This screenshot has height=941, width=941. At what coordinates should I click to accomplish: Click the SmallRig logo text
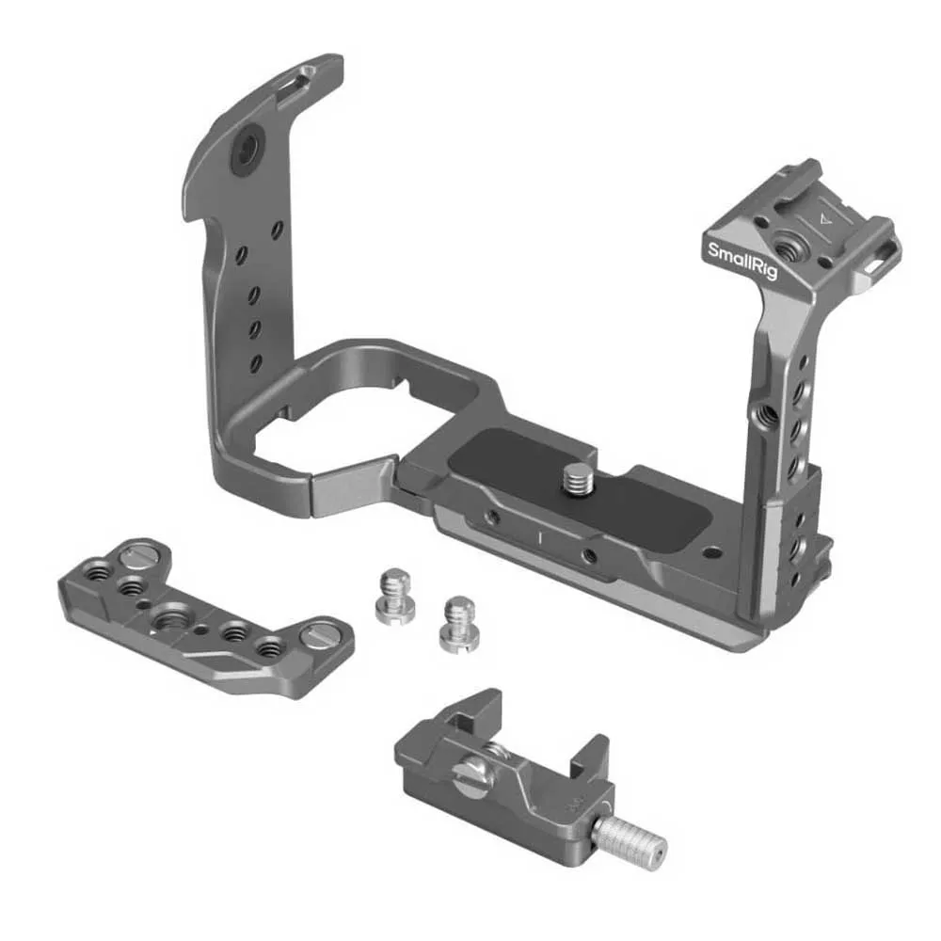(x=742, y=261)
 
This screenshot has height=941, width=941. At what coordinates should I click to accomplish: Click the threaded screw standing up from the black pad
(x=578, y=478)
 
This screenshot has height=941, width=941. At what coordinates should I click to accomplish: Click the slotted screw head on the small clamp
(x=474, y=776)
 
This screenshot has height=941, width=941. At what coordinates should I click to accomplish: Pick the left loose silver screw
(x=395, y=598)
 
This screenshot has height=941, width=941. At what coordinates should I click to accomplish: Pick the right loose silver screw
(x=460, y=624)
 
